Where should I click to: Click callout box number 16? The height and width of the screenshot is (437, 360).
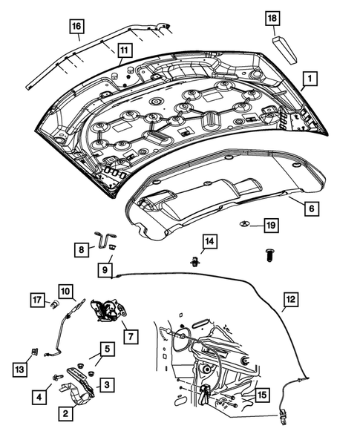pos(76,27)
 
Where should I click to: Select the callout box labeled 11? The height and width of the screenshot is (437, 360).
pos(123,50)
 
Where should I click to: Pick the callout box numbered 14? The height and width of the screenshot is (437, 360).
pos(209,242)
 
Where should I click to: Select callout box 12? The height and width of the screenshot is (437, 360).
pos(288,300)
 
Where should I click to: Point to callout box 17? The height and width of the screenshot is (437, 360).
pos(36,301)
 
